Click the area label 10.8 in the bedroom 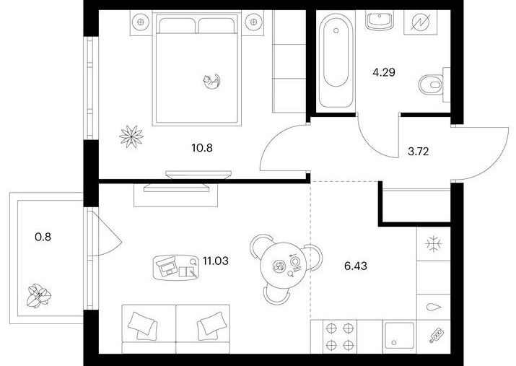point(202,148)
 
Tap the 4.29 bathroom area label point(384,72)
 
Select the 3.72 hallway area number point(419,152)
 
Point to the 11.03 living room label point(216,261)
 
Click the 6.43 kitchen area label point(356,266)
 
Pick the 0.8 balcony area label point(43,237)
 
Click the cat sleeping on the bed point(211,82)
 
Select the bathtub point(336,60)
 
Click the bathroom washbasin point(380,21)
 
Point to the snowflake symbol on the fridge point(434,244)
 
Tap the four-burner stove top point(339,336)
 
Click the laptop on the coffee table point(168,266)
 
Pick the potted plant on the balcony point(39,295)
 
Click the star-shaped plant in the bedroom point(131,136)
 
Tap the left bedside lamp point(141,22)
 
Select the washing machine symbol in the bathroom point(421,22)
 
